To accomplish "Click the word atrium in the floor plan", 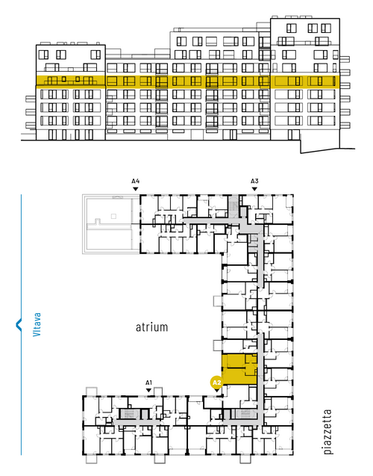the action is click(x=151, y=327).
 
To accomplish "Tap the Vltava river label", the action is click(x=37, y=324).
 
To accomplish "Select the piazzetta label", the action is click(x=327, y=432).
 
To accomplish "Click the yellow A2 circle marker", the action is click(x=216, y=383).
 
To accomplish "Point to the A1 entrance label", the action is click(x=148, y=383).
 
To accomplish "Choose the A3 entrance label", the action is click(x=254, y=182).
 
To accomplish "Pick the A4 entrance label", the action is click(x=136, y=182).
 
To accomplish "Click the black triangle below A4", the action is click(x=136, y=189).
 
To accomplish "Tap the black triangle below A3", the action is click(x=254, y=189).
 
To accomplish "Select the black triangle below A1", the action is click(x=148, y=390).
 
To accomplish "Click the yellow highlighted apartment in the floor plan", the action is click(x=239, y=369).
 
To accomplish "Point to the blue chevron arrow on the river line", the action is click(x=19, y=324).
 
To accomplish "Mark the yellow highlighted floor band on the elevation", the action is click(x=187, y=81).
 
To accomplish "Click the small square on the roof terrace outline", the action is click(x=113, y=216).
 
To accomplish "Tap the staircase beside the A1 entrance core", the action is click(x=129, y=414).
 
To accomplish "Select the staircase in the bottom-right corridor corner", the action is click(x=245, y=413).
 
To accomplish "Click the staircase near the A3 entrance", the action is click(x=233, y=206).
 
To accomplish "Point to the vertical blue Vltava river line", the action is click(x=21, y=324).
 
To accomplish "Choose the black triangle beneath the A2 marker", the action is click(x=216, y=390).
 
